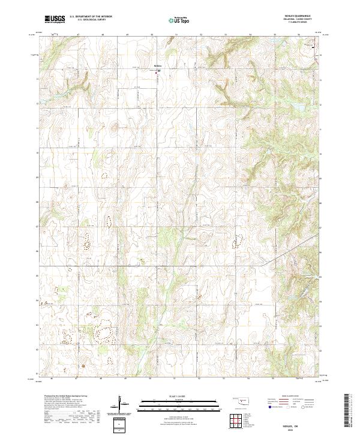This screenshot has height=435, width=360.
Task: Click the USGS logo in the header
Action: pyautogui.click(x=55, y=19)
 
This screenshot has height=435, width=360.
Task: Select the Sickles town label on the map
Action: pyautogui.click(x=158, y=65)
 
